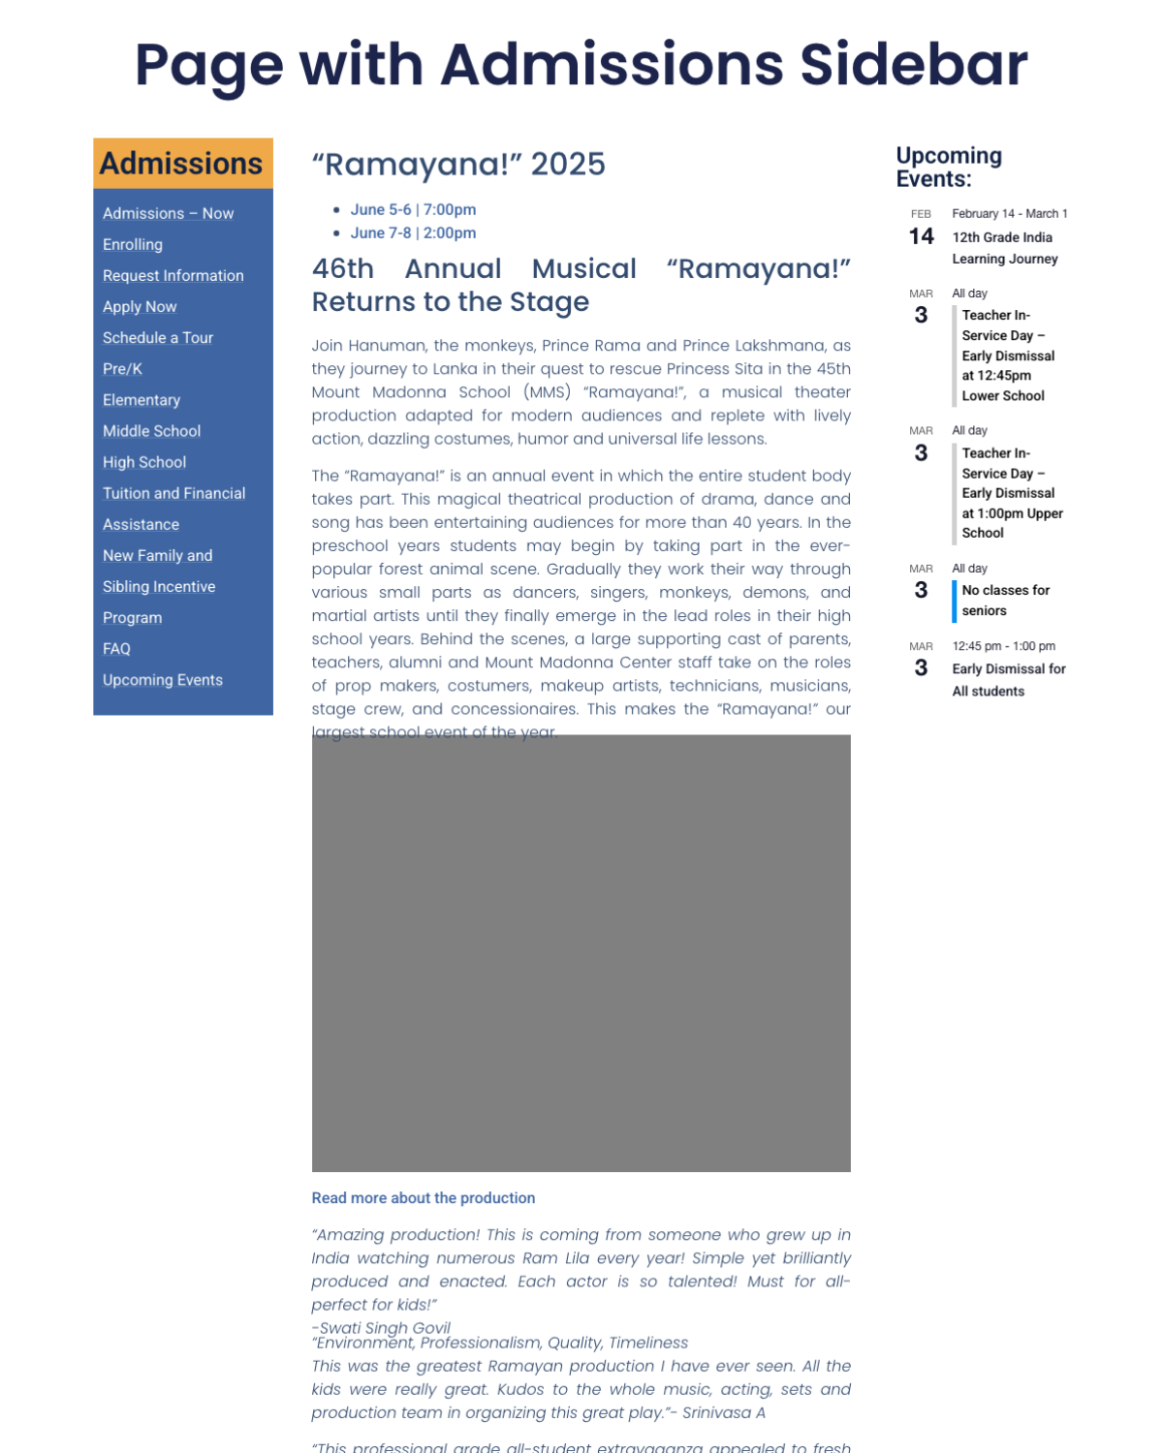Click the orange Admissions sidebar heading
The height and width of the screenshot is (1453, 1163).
181,164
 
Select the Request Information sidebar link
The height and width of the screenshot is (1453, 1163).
173,276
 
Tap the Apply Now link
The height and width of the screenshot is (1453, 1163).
140,307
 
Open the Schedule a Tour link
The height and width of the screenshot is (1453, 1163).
158,338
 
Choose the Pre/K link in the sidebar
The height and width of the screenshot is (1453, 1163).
122,369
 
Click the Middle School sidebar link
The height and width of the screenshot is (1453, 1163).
151,431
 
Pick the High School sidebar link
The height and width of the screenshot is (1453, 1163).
144,463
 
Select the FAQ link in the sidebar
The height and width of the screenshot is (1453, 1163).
116,649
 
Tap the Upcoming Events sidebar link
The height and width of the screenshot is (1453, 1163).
163,680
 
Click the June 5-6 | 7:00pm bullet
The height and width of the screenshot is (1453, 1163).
413,210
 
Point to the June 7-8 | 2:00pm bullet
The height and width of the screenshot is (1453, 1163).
413,233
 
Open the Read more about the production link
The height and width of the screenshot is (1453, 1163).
424,1198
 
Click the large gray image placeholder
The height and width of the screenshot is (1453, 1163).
581,953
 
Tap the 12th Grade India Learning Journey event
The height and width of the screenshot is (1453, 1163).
1004,248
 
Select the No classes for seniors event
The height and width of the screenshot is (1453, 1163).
1005,601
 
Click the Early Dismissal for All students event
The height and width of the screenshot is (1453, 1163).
1008,680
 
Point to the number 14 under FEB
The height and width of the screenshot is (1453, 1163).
921,236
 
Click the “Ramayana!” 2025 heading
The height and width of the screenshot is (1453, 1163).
458,165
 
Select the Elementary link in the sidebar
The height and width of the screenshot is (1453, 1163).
141,400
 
